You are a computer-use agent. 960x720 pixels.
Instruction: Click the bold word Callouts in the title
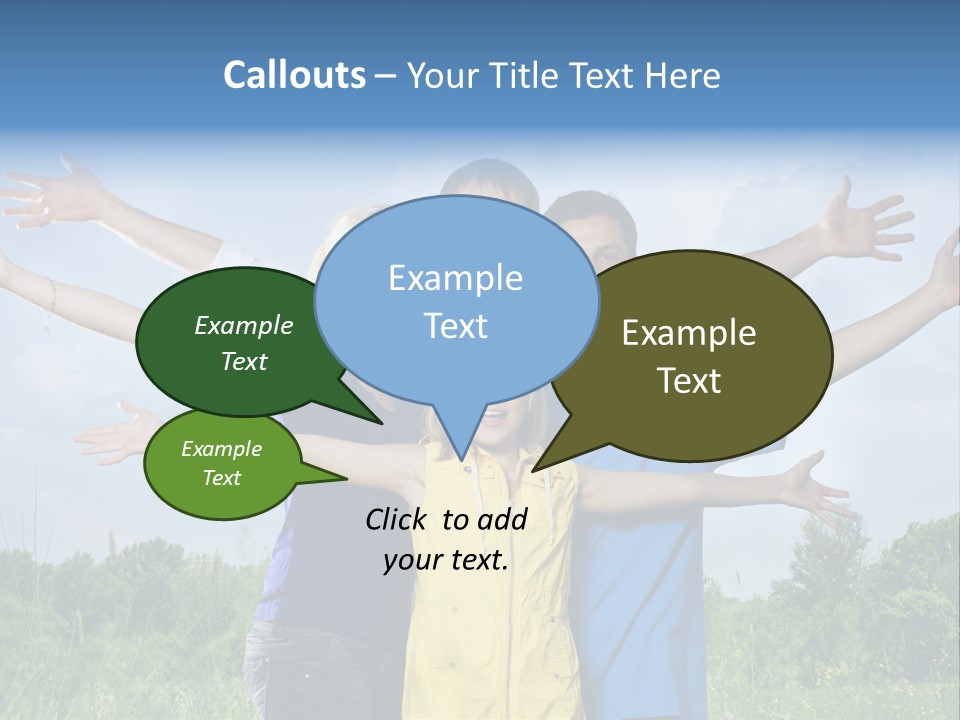(x=294, y=75)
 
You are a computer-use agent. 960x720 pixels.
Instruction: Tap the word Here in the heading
(x=684, y=76)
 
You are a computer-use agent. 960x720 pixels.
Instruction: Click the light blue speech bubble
(x=456, y=300)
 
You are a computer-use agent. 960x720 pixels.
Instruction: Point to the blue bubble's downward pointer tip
(x=462, y=459)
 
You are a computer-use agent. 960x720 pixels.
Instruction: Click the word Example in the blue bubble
(x=455, y=278)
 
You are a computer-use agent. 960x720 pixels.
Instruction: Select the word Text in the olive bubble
(x=689, y=381)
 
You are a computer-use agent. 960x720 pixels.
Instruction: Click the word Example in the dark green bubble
(x=244, y=326)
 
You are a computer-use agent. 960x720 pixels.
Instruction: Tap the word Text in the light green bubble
(x=222, y=478)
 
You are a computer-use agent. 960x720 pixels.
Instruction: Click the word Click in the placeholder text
(x=397, y=519)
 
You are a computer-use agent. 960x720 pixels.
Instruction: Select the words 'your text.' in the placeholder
(x=446, y=560)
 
